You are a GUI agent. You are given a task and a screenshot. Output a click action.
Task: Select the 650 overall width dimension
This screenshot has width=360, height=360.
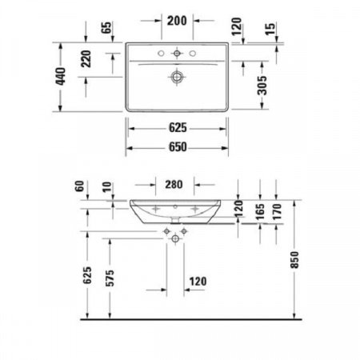177,147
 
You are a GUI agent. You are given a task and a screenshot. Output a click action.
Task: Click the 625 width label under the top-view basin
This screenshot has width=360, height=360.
177,128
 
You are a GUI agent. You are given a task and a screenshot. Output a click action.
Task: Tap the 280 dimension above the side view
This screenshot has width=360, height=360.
177,185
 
